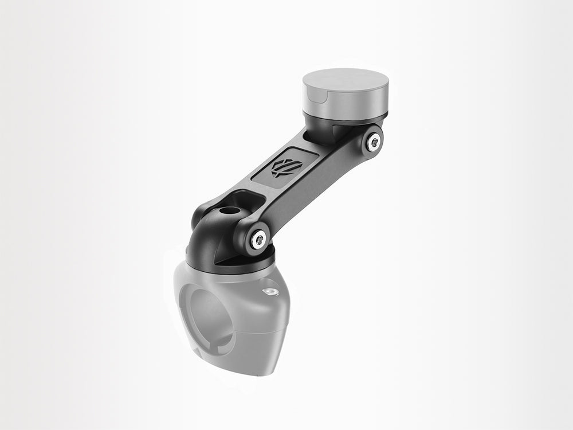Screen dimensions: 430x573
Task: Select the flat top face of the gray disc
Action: tap(346, 81)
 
